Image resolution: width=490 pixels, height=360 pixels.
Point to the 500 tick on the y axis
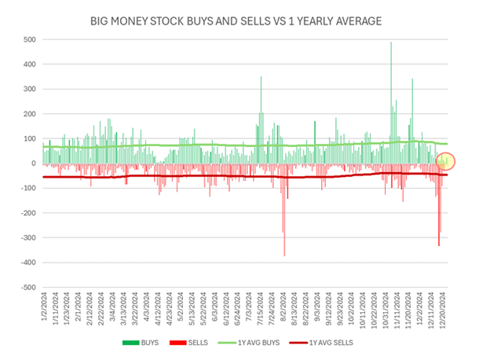[x=28, y=39]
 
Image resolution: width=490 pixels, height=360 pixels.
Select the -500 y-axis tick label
[x=27, y=288]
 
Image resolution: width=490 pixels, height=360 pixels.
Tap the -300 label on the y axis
[x=27, y=238]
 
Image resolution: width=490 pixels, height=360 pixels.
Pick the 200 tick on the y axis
[x=28, y=114]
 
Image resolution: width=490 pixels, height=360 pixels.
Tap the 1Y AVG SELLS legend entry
[x=330, y=343]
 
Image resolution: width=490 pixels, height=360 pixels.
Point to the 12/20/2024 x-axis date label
[x=444, y=307]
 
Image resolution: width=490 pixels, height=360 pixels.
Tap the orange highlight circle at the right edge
[x=444, y=161]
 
